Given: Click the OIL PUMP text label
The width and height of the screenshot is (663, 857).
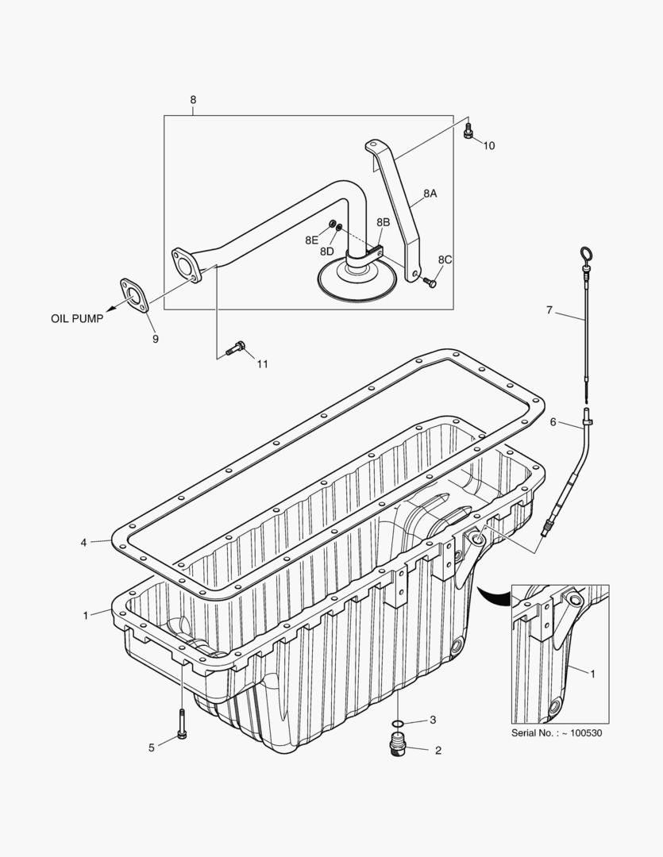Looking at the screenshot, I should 77,319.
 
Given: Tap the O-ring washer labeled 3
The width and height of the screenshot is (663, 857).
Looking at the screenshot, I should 399,723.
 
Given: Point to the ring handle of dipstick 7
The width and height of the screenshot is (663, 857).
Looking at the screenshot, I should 586,256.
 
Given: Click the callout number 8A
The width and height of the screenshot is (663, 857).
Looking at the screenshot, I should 430,193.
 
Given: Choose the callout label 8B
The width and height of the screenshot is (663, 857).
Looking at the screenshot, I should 383,222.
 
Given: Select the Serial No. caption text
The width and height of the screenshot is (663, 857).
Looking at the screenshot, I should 556,732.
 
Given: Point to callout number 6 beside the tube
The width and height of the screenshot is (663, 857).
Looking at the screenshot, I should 553,422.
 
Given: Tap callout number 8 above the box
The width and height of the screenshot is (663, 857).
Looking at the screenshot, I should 192,100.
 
